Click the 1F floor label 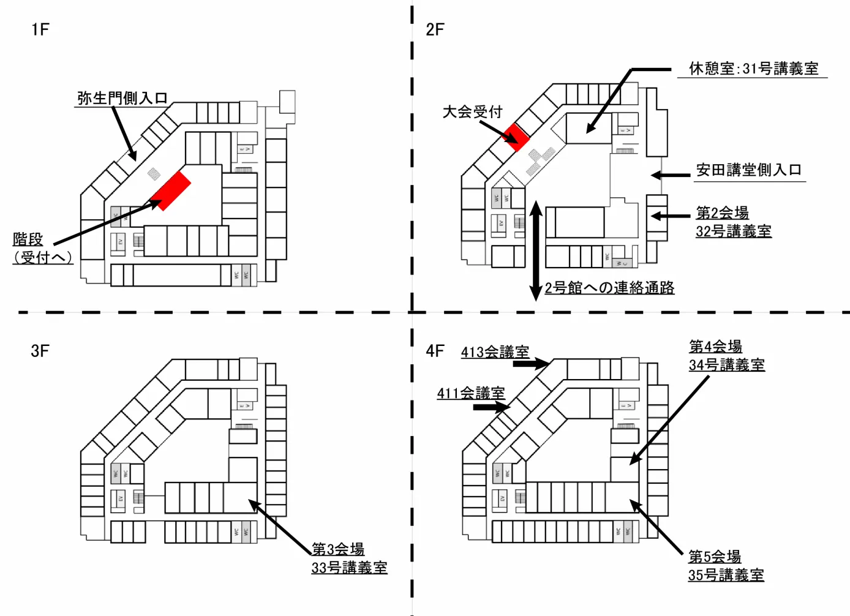coord(40,29)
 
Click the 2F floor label coord(435,29)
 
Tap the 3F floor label coord(40,351)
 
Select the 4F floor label coord(435,351)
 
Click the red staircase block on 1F coord(171,190)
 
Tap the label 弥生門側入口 coord(122,98)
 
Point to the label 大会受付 coord(472,112)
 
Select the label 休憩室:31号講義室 coord(753,69)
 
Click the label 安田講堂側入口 coord(748,170)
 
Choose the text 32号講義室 coord(733,231)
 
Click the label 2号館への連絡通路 coord(609,288)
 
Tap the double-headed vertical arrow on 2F coord(536,251)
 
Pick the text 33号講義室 coord(349,568)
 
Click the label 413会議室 coord(495,352)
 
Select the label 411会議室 coord(471,393)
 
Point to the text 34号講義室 coord(726,366)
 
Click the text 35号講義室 coord(726,576)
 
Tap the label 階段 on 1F coord(28,239)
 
